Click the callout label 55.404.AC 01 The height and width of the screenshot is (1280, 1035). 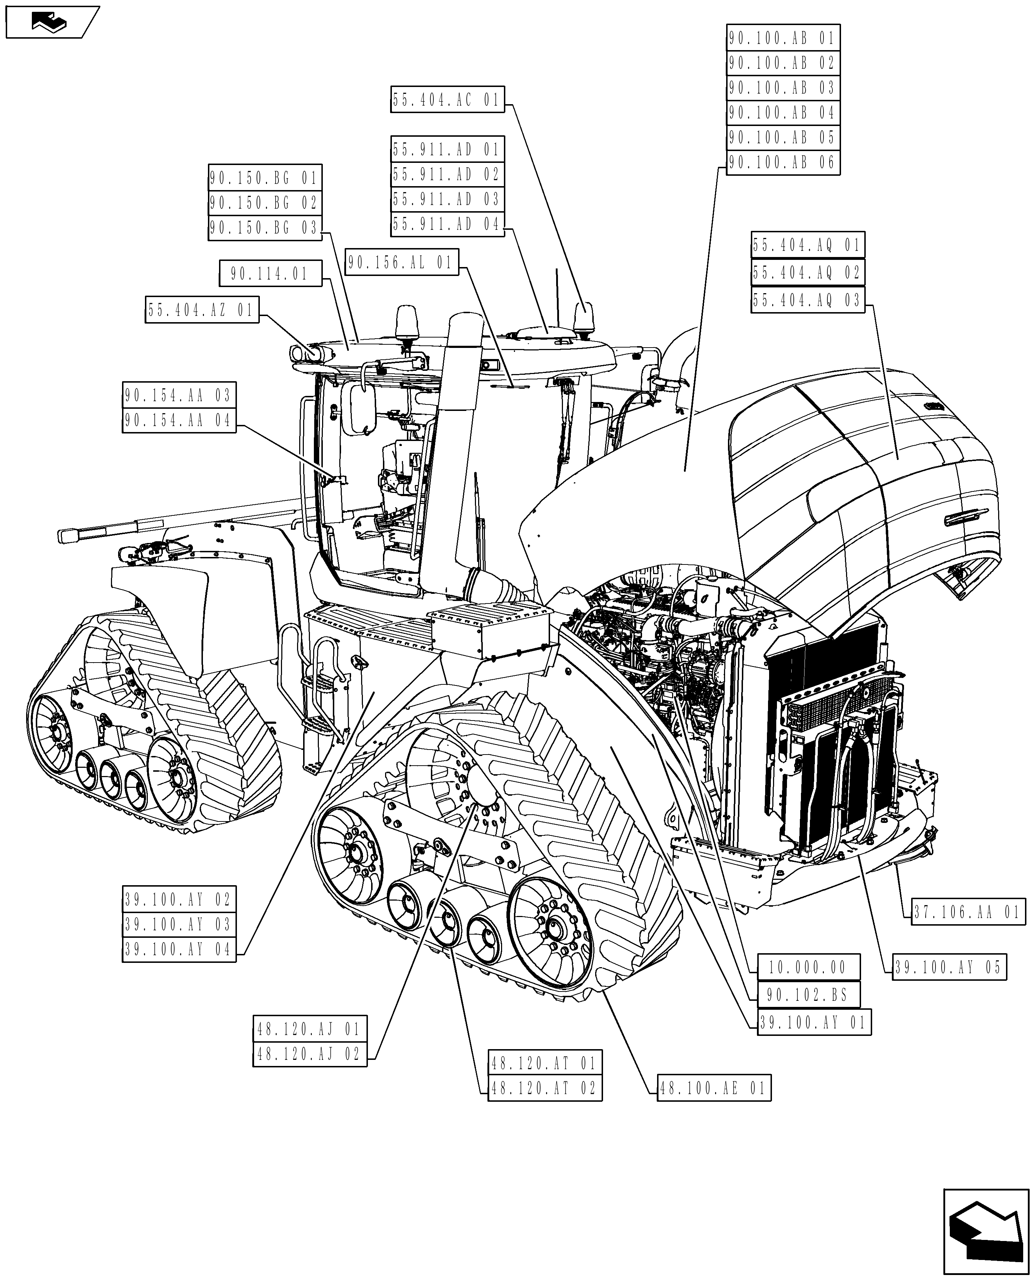coord(447,100)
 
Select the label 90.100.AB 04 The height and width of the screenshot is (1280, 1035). coord(782,113)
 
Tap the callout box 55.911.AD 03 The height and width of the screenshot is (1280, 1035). coord(447,199)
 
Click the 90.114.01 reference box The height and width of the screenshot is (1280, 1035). coord(270,274)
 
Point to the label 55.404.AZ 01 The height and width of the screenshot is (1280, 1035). coord(202,310)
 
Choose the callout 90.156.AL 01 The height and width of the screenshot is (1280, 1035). coord(402,262)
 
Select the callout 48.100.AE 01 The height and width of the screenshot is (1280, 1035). coord(714,1089)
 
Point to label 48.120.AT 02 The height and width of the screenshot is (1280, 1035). coord(544,1089)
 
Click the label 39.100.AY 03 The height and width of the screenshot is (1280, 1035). coord(179,925)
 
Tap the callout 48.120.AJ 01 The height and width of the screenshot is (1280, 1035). coord(310,1029)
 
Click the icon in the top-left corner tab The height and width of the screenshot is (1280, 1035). coord(50,23)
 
